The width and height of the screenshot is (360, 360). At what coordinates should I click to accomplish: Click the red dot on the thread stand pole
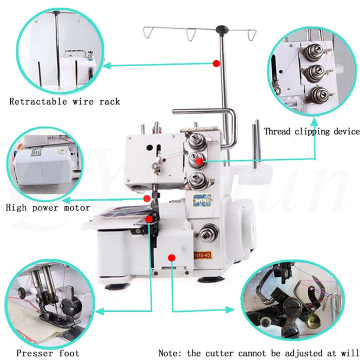coord(216,64)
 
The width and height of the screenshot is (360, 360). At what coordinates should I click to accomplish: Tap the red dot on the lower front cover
coord(171,257)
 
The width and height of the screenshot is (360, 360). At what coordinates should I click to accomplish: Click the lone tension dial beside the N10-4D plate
coord(207,233)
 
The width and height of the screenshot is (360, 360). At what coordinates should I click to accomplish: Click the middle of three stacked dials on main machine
coord(198,158)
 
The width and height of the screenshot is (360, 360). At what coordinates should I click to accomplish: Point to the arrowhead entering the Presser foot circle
coord(100,310)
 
